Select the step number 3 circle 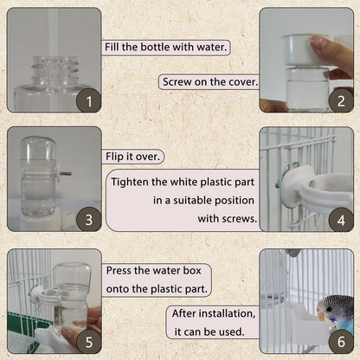pos(87,220)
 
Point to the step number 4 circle pos(340,220)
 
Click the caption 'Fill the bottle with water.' pos(166,47)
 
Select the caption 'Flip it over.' pos(134,157)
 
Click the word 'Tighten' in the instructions pos(135,182)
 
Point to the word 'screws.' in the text pos(237,219)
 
